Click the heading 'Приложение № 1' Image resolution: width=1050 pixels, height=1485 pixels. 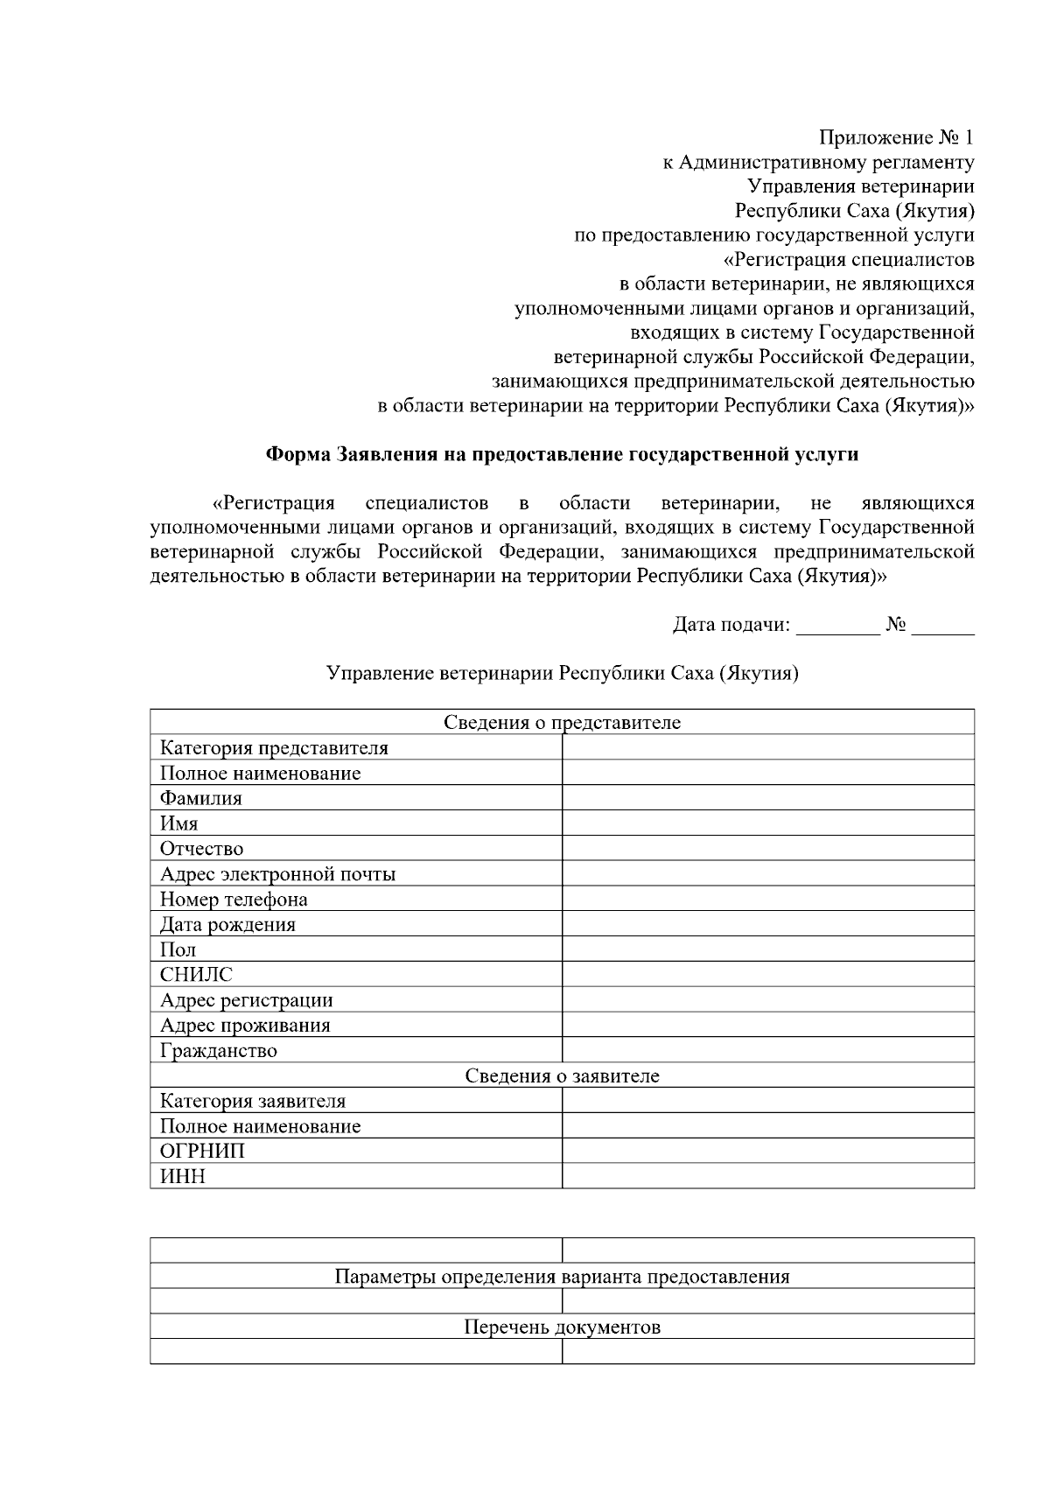point(895,137)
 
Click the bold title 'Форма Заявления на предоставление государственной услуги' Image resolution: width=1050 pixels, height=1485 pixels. point(562,454)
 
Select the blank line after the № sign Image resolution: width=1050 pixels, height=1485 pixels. point(942,627)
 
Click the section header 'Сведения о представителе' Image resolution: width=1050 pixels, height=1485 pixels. point(562,722)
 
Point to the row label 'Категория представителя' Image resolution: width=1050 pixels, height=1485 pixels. point(274,747)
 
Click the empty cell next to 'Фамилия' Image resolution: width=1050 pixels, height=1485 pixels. point(767,797)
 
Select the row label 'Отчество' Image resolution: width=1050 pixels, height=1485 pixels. point(201,848)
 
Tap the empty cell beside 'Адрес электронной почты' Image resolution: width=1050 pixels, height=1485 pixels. point(767,873)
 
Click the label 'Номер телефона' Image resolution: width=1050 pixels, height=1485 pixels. point(234,899)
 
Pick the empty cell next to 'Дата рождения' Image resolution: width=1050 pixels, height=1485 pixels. point(767,924)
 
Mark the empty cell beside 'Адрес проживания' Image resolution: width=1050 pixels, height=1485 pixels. point(767,1025)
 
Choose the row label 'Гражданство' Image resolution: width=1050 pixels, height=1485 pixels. point(218,1050)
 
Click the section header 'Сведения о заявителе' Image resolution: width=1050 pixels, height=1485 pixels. point(562,1075)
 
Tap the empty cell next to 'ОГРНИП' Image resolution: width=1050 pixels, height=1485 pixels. point(767,1151)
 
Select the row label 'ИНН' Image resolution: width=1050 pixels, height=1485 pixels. point(182,1176)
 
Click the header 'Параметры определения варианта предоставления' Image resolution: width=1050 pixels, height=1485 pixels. point(562,1276)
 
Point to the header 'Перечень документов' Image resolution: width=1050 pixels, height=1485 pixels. point(562,1327)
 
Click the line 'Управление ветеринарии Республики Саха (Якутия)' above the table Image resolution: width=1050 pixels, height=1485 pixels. point(562,674)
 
